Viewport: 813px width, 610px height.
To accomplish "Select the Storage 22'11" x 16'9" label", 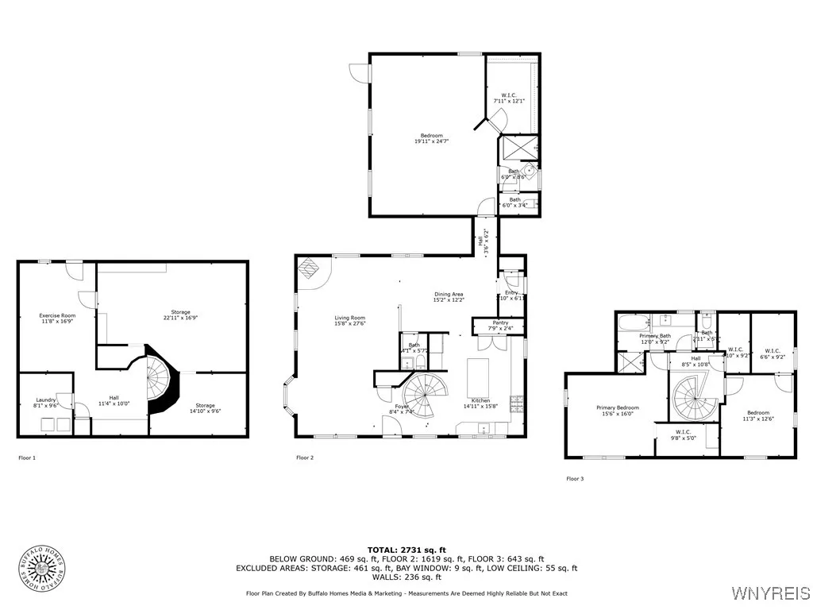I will point(180,315).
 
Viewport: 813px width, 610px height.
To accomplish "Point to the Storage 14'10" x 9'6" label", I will point(205,408).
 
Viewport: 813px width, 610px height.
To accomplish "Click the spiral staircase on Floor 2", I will point(426,397).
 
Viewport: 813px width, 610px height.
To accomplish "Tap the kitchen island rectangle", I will point(478,373).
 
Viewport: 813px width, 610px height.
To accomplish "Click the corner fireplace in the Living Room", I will point(309,268).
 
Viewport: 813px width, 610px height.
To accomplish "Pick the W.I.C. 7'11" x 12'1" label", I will point(510,98).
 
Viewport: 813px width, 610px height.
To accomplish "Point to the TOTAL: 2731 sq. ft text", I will point(406,550).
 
